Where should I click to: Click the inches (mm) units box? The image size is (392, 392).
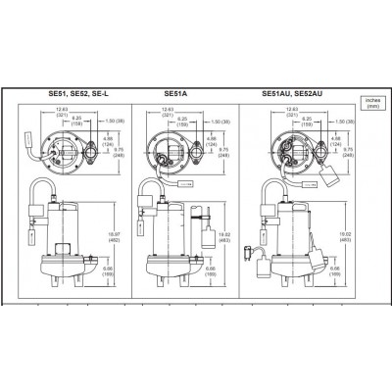coord(371,102)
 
